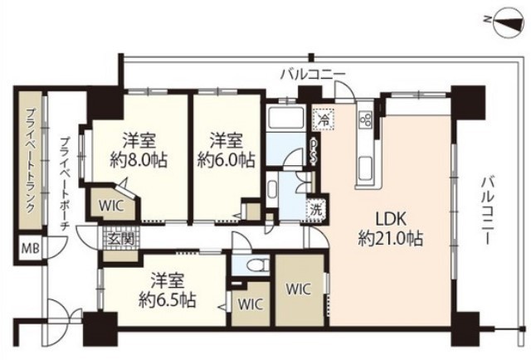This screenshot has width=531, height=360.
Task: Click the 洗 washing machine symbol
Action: coord(315,209)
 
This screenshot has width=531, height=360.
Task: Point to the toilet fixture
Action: coord(257,266)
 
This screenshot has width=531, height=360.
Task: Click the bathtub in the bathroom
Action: coord(287,119)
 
